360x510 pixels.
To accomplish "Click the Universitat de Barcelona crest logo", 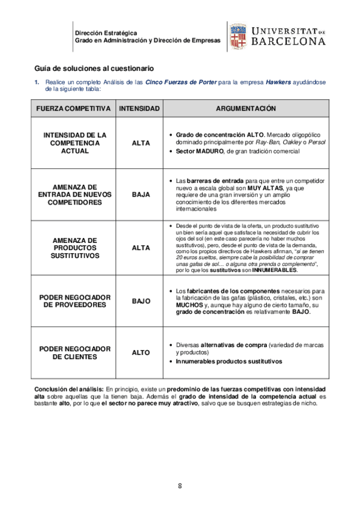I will [236, 36].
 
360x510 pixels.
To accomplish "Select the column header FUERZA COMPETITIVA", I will [73, 109].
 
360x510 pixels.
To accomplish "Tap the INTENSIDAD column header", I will [139, 109].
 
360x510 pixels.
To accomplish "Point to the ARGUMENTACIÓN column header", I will [245, 109].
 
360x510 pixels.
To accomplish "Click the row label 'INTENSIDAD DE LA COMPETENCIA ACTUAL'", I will [75, 143].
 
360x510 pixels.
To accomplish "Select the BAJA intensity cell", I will [141, 195].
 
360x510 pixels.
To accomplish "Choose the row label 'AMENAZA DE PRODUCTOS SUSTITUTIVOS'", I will [75, 247].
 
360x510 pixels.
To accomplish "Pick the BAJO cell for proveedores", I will [141, 301].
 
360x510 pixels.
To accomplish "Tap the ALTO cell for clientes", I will [141, 352].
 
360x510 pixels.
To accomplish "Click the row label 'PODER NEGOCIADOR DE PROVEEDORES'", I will [75, 301].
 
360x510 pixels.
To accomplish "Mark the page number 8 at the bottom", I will [180, 486].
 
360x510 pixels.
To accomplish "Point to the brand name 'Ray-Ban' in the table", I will [267, 143].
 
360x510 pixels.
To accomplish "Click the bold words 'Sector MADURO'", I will [200, 152].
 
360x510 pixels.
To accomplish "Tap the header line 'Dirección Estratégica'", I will [106, 32].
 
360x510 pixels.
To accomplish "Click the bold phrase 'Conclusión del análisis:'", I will [69, 390].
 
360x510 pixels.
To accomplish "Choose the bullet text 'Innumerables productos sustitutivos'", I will [228, 361].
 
